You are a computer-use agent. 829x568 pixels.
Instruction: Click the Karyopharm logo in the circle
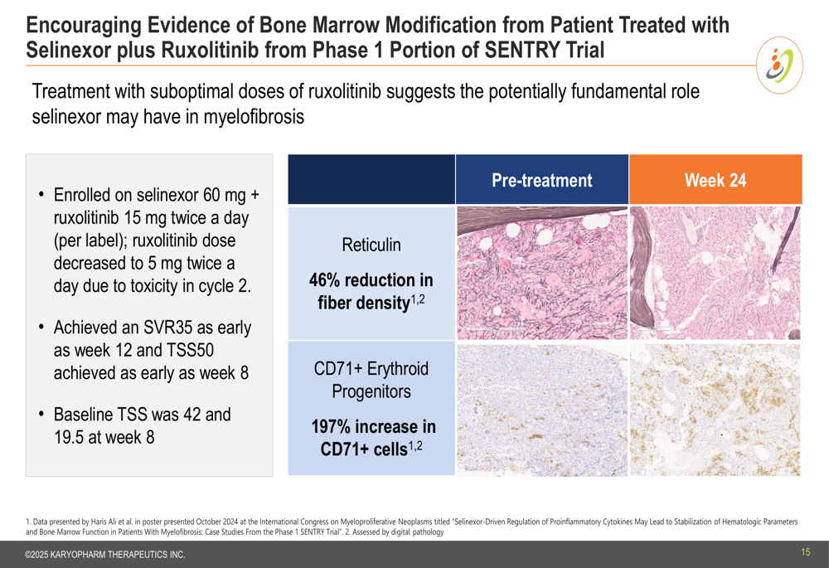coord(779,66)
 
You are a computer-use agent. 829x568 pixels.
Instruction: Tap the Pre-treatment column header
coord(542,180)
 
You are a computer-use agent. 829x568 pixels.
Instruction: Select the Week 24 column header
coord(715,180)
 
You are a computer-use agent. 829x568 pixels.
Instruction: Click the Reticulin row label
coord(371,245)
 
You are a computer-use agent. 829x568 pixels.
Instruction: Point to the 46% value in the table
coord(327,279)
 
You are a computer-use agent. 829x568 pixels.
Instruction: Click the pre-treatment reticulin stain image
coord(542,273)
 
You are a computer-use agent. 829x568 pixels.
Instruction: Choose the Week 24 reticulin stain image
coord(715,273)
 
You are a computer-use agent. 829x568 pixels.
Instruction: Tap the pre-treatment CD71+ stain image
coord(542,410)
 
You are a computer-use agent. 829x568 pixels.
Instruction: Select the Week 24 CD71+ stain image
coord(715,410)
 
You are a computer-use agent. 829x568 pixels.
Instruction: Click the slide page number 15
coord(805,552)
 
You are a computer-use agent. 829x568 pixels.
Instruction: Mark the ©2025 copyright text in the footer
coord(105,555)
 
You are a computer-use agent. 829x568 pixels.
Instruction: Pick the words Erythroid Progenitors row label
coord(371,380)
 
